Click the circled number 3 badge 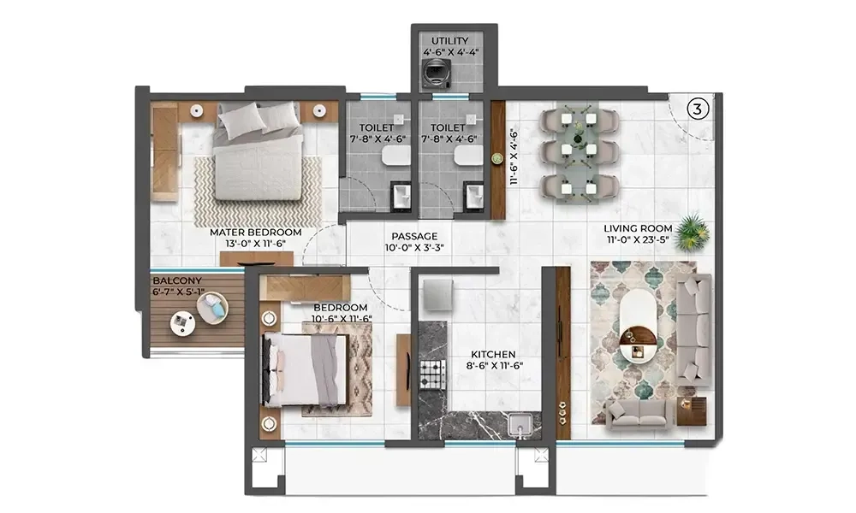click(x=698, y=109)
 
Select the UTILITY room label click(x=450, y=40)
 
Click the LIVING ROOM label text click(x=638, y=228)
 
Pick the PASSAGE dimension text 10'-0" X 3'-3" click(x=414, y=249)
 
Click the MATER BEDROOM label click(x=256, y=232)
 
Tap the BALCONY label click(x=177, y=280)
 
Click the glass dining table click(x=578, y=152)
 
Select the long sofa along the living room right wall click(x=693, y=327)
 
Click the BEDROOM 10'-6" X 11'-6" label click(x=340, y=313)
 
